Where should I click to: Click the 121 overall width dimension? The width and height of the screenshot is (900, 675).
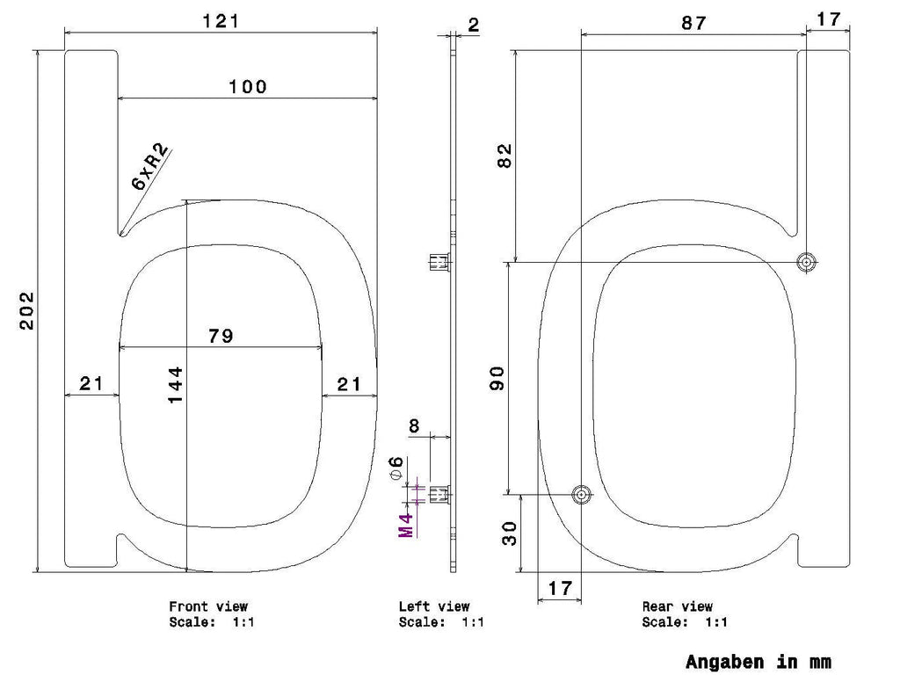coord(221,21)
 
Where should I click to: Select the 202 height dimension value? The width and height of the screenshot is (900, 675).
coord(27,310)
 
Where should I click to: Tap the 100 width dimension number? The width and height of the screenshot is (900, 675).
coord(248,87)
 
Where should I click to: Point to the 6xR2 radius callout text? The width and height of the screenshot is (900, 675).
coord(150,166)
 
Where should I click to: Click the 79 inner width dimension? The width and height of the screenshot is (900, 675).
coord(221,335)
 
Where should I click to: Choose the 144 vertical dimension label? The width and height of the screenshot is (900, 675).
coord(175,385)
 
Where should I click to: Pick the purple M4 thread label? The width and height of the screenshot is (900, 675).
coord(406,525)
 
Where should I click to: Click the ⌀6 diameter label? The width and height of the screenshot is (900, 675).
coord(396,468)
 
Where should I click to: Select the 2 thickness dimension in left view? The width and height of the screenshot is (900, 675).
coord(474,25)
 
